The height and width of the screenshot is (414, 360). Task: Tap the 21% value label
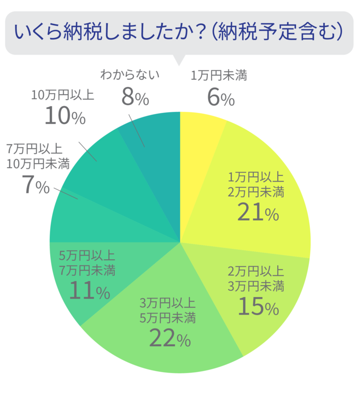(x=257, y=212)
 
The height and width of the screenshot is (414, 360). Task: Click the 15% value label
(x=257, y=307)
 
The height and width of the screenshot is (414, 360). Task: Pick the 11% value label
(x=88, y=292)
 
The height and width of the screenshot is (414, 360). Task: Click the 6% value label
(x=220, y=97)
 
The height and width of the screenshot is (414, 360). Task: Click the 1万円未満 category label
(x=219, y=76)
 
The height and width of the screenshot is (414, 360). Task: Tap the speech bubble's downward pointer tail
(x=179, y=60)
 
